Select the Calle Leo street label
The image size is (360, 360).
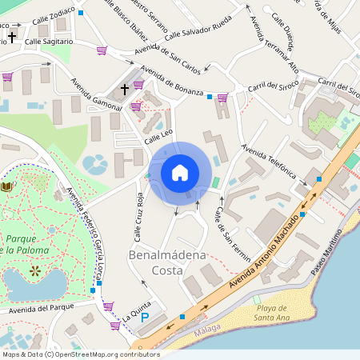pos(158,138)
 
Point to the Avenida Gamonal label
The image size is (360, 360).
pos(96,95)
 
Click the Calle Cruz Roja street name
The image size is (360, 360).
pos(138,217)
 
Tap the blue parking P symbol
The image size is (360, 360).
pos(145,318)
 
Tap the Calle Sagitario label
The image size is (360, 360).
pos(49,41)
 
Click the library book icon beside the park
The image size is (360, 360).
pos(7,186)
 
